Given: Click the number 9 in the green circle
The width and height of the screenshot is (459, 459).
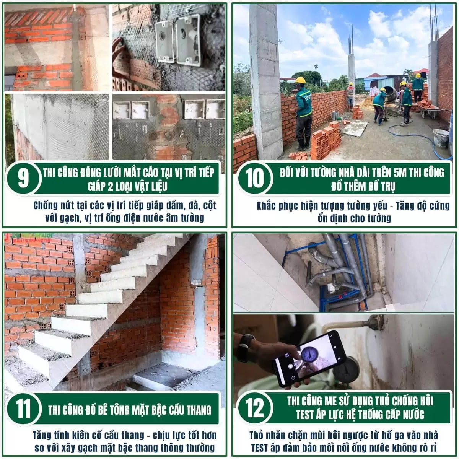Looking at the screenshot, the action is (23, 179).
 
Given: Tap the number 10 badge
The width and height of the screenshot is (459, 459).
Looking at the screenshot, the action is (255, 179).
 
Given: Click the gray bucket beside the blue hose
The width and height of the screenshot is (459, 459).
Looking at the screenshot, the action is (441, 138).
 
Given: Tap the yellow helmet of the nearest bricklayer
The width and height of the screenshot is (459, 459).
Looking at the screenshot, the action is (300, 80).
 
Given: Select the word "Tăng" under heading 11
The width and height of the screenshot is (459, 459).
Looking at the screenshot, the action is (42, 435).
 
